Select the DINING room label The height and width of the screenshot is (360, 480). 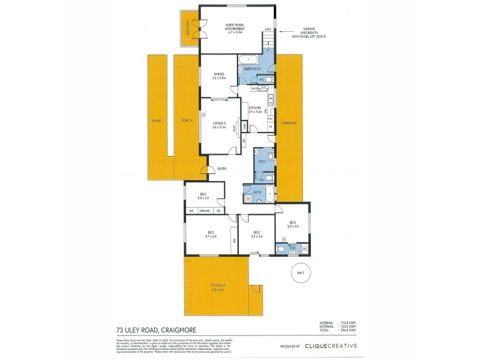tap(218, 76)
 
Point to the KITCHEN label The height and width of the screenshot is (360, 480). tap(256, 109)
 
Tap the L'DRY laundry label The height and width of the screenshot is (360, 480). tap(262, 162)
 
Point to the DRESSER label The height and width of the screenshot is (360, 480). tap(205, 211)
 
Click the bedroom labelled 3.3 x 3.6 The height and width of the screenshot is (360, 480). tap(256, 235)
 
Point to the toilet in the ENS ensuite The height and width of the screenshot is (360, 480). tap(281, 248)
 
